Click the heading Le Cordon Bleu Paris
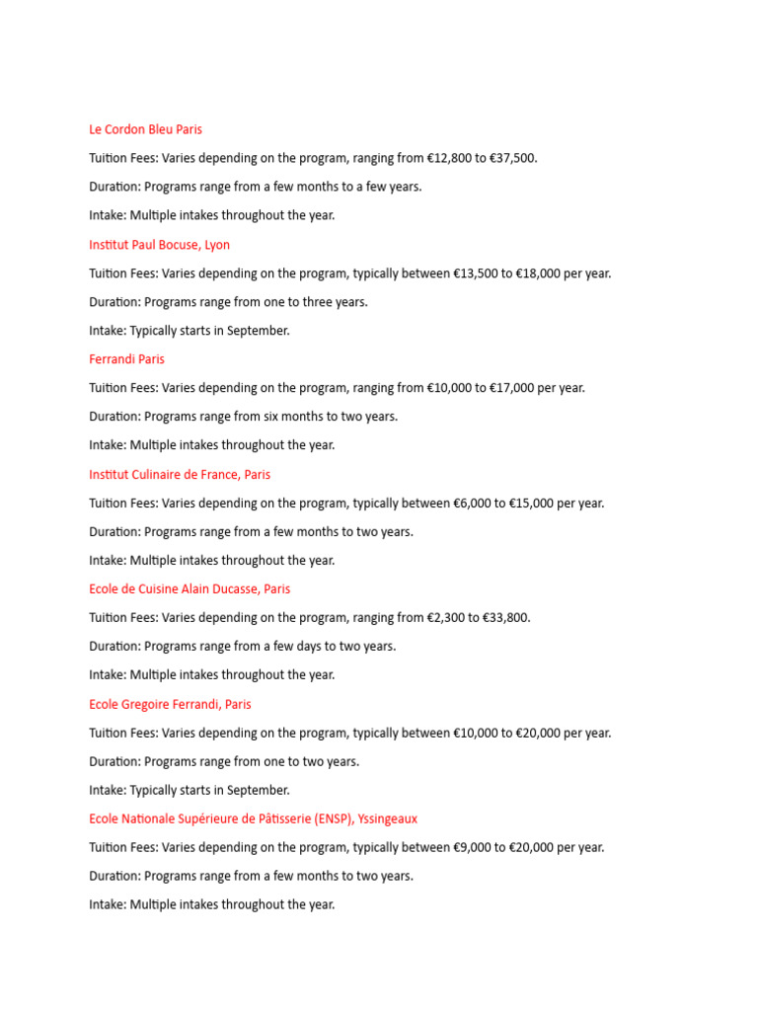(x=145, y=129)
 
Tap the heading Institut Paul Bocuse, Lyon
(x=159, y=245)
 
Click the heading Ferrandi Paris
(x=126, y=359)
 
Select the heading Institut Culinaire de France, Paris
(x=180, y=475)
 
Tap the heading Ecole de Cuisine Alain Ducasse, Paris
(x=189, y=589)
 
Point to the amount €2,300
(x=447, y=618)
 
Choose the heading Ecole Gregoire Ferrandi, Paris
(x=170, y=705)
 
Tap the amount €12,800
(x=450, y=158)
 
